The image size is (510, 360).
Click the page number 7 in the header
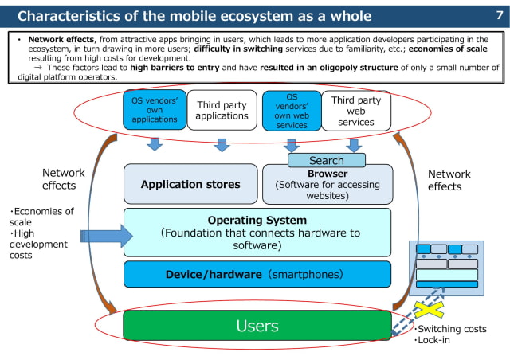[x=498, y=14]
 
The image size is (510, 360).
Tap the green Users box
[x=257, y=326]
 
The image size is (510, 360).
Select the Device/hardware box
[x=257, y=274]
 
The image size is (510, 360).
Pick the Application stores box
[x=190, y=184]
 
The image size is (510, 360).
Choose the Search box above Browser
[x=326, y=160]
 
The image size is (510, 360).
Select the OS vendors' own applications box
[x=154, y=110]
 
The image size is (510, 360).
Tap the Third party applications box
[x=222, y=110]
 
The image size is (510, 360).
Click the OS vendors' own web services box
[x=291, y=110]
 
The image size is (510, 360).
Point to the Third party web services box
[x=356, y=110]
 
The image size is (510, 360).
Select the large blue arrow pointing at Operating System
[x=106, y=235]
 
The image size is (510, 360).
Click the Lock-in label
[x=433, y=340]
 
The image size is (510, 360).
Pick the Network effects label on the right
[x=449, y=180]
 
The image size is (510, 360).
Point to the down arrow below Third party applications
[x=222, y=144]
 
